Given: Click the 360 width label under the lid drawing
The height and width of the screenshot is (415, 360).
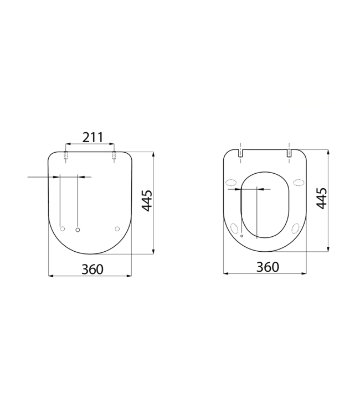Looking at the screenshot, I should (92, 269).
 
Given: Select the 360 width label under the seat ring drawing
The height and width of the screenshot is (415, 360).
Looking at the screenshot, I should (267, 267).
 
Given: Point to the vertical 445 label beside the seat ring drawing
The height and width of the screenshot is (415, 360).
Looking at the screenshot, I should (321, 198).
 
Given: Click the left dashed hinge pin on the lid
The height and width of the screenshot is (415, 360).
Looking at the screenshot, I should (66, 155).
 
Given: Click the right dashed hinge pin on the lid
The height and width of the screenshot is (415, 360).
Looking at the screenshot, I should (114, 155).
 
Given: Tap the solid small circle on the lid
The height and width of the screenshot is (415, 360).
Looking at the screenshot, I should (78, 229).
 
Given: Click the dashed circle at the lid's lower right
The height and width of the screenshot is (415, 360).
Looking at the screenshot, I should (117, 229).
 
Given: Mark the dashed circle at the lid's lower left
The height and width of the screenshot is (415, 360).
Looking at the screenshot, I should (62, 229).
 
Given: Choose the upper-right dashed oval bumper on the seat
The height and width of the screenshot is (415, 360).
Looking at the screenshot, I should (299, 183).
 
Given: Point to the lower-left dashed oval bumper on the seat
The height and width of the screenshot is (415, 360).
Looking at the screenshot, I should (235, 227).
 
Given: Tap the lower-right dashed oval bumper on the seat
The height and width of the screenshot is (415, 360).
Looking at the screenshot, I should (295, 227).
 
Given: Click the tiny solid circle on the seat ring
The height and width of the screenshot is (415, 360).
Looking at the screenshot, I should (241, 235).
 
